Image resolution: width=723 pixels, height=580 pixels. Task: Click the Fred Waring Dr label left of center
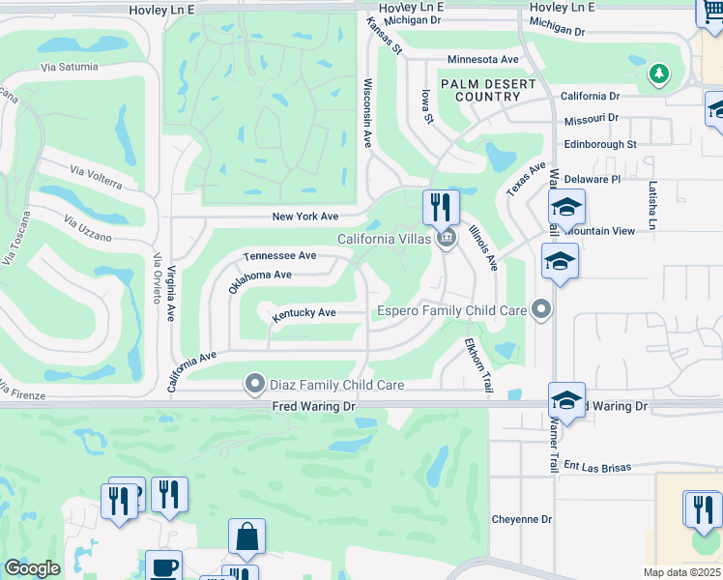(x=313, y=407)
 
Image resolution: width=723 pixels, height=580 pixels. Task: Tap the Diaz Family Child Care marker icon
(x=255, y=385)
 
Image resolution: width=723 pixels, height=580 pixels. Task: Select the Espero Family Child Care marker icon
(x=541, y=310)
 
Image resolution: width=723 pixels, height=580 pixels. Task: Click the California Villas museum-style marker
(x=446, y=239)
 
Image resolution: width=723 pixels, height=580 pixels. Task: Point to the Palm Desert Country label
(x=488, y=91)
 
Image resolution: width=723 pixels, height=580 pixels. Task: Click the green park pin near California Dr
(x=659, y=73)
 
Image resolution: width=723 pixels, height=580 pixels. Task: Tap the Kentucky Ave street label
(x=304, y=313)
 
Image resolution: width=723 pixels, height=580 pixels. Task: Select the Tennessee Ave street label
(x=280, y=256)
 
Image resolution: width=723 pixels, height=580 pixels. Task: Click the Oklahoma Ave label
(x=259, y=278)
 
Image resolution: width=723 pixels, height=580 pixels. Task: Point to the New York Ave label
(x=305, y=217)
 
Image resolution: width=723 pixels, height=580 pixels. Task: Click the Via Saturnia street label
(x=70, y=67)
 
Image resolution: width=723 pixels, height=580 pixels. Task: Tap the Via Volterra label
(x=96, y=177)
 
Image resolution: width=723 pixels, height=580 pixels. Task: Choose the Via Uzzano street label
(x=88, y=229)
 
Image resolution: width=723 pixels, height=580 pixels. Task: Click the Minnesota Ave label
(x=483, y=59)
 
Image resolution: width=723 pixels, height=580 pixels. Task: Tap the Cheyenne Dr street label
(x=521, y=519)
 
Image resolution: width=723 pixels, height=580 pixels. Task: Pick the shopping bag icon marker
(x=246, y=537)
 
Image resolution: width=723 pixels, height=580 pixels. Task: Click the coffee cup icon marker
(x=163, y=565)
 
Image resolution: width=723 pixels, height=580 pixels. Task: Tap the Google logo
(x=32, y=568)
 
